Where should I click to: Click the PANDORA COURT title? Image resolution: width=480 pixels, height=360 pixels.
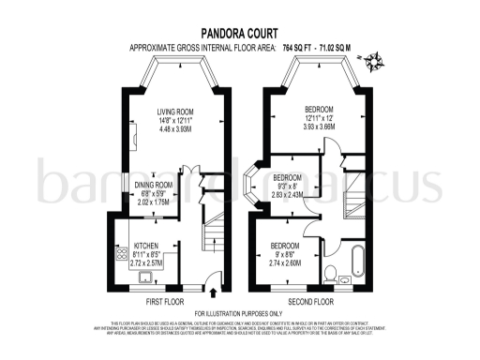pos(239,30)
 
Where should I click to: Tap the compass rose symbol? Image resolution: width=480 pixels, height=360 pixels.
pos(377,63)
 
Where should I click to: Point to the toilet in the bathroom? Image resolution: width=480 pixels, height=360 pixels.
pos(334,275)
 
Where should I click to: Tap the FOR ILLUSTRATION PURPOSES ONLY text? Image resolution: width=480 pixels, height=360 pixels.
pos(238,313)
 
